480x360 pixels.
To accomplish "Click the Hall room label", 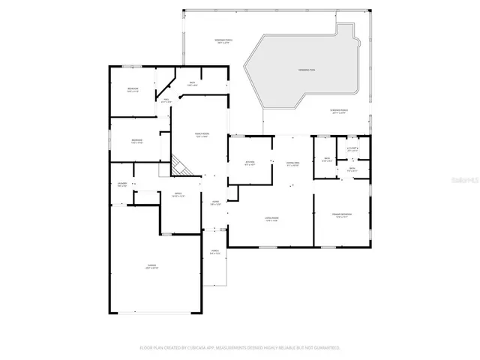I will tap(166, 100).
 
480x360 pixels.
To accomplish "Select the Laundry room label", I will tap(122, 184).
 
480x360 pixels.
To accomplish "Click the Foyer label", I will tap(215, 203).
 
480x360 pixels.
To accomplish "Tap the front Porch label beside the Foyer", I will tap(214, 253).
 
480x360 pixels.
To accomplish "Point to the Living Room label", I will tap(271, 220).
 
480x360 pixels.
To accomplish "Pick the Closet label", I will tap(353, 149).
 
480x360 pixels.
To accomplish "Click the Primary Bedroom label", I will tap(343, 215).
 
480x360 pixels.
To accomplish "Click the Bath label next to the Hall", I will tap(192, 84).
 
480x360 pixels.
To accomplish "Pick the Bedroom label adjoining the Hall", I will tap(133, 90).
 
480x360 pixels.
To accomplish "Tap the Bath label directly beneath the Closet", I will tap(352, 169).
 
